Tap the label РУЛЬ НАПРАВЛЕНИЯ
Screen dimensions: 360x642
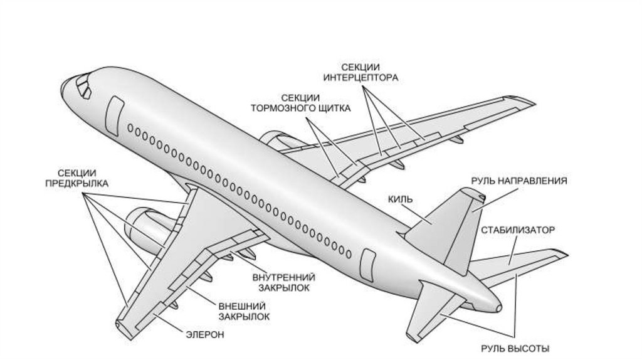point(519,181)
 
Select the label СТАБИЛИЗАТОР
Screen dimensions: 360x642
point(518,230)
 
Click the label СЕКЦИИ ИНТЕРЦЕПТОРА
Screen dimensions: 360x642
point(360,72)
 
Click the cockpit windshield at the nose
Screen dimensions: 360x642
point(82,84)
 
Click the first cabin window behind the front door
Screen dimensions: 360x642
point(130,129)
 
